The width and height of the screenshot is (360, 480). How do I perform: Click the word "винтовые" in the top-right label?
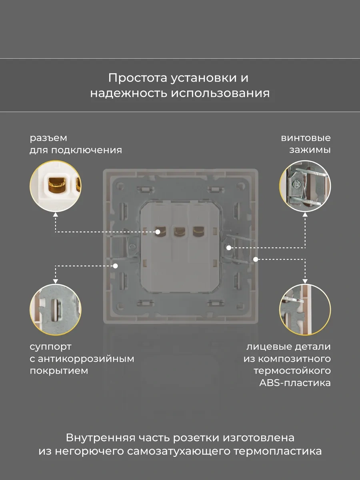pos(306,138)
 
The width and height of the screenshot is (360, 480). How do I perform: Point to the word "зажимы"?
pos(310,150)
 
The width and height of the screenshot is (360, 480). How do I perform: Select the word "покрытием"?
pos(59,371)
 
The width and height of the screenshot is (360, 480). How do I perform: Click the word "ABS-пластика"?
pos(295,383)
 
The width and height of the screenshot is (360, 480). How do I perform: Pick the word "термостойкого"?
pos(292,371)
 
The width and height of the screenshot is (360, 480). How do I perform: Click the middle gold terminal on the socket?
pos(178,231)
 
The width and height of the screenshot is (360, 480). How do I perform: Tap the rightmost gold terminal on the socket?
pos(198,231)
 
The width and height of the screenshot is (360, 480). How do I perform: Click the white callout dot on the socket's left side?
pos(116,265)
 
